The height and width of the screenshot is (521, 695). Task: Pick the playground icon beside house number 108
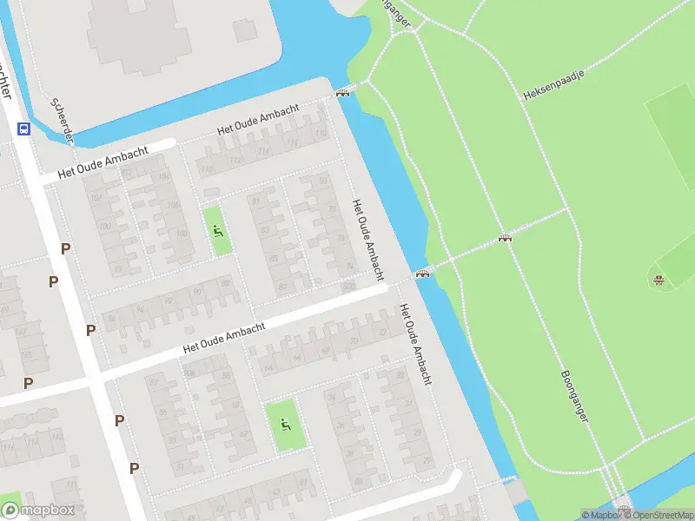[217, 231]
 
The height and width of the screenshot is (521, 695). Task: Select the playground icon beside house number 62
[284, 425]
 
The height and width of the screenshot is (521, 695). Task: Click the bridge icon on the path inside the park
[505, 237]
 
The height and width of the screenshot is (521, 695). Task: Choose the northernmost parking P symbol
[65, 249]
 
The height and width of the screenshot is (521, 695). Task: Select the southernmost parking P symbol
[134, 468]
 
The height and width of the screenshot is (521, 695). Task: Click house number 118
[321, 134]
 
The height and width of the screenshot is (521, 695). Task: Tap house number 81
[255, 201]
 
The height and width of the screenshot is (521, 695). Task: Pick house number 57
[180, 465]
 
